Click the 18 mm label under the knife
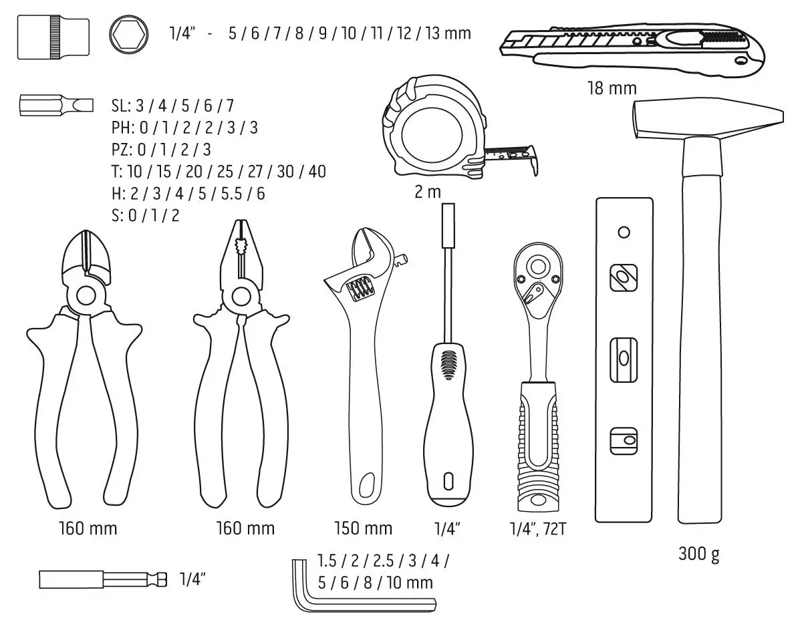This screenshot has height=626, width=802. pyautogui.click(x=612, y=88)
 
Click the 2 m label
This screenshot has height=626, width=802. pyautogui.click(x=428, y=192)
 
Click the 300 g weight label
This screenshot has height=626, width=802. pyautogui.click(x=699, y=555)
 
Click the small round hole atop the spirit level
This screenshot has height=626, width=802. pyautogui.click(x=624, y=232)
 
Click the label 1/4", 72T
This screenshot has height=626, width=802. pyautogui.click(x=537, y=529)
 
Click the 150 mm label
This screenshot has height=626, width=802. pyautogui.click(x=363, y=528)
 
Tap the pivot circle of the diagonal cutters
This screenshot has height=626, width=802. pyautogui.click(x=85, y=295)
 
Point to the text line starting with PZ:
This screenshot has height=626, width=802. pyautogui.click(x=161, y=149)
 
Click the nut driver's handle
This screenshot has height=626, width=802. pyautogui.click(x=448, y=428)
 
